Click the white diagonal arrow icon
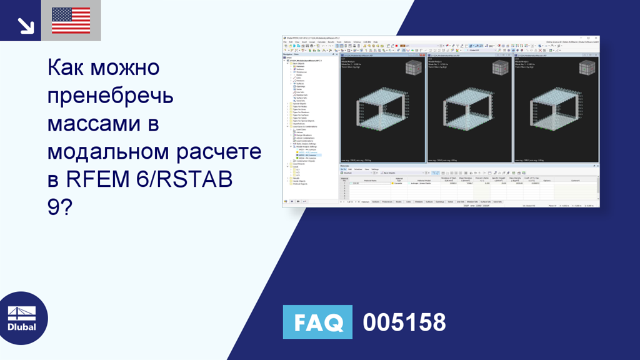pyautogui.click(x=26, y=25)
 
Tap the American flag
pyautogui.click(x=71, y=21)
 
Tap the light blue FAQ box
pyautogui.click(x=317, y=322)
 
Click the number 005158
pyautogui.click(x=404, y=322)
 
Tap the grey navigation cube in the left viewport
pyautogui.click(x=413, y=68)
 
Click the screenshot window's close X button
pyautogui.click(x=596, y=38)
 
